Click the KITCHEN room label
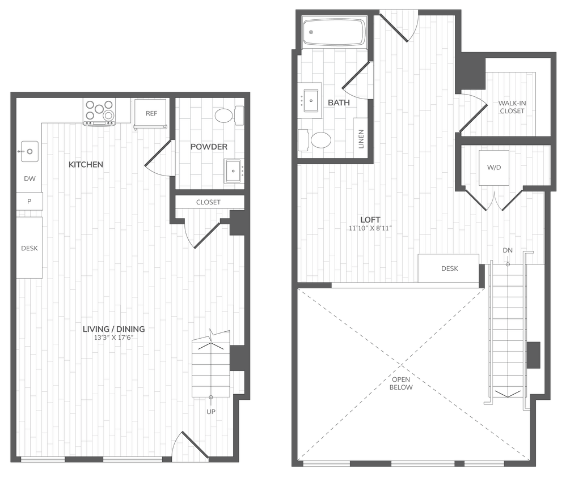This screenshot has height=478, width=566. (x=86, y=165)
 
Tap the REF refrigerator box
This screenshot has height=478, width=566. (x=151, y=113)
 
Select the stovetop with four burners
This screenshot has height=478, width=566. (x=100, y=111)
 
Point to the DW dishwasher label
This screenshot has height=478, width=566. (x=29, y=179)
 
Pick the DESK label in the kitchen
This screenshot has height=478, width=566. (x=29, y=248)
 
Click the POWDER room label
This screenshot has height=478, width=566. (x=209, y=147)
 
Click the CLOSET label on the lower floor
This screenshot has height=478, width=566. (x=208, y=202)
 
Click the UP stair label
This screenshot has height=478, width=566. (x=211, y=411)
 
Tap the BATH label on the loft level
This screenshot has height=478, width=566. (x=339, y=103)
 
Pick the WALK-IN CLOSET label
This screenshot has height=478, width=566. (x=511, y=107)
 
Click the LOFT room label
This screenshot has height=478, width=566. (x=370, y=220)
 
